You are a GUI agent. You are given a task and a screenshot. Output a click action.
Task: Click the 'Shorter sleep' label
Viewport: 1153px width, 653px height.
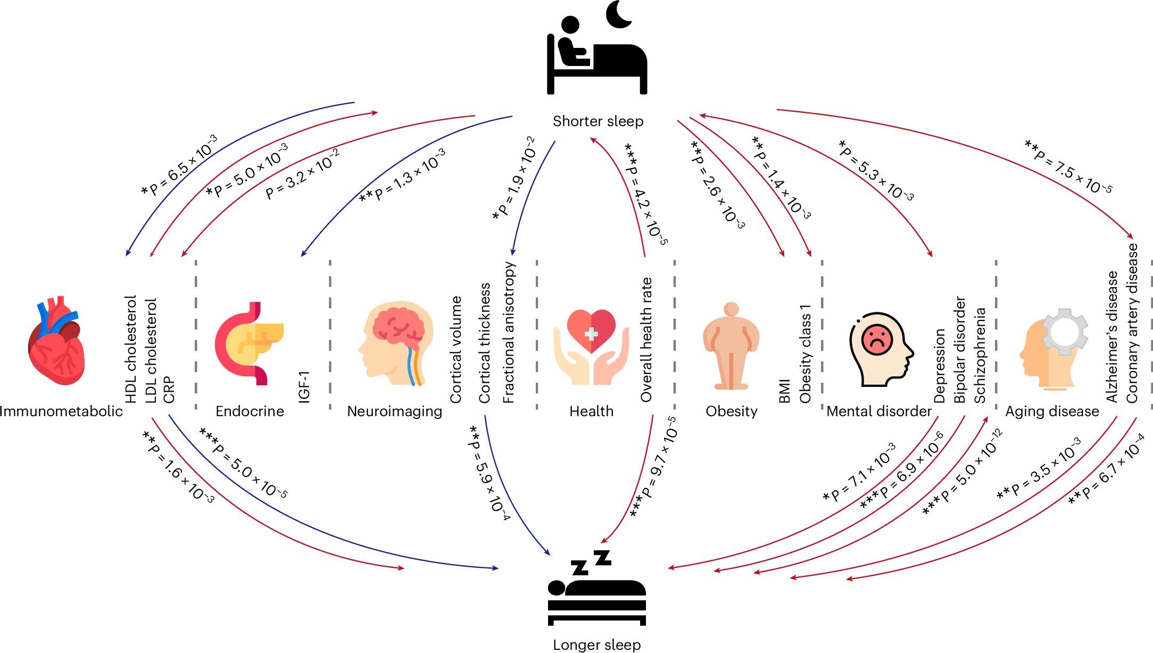click(598, 121)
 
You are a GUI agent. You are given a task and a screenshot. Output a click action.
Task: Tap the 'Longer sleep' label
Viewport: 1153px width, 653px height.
click(596, 644)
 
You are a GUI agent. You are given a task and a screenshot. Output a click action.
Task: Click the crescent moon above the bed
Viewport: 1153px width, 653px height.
click(618, 14)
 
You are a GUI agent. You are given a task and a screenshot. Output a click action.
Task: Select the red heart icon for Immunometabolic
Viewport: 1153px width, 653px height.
click(56, 341)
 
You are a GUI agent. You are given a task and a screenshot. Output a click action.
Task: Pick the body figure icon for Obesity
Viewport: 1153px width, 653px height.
click(731, 346)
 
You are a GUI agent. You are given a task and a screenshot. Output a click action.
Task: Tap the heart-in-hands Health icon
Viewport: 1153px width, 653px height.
click(591, 346)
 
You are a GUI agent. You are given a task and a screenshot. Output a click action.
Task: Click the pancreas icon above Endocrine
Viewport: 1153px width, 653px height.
click(249, 343)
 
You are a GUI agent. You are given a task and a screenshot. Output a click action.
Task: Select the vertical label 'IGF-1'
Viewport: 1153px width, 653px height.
click(304, 387)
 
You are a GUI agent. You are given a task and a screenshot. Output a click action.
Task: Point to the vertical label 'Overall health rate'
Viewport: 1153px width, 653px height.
click(646, 340)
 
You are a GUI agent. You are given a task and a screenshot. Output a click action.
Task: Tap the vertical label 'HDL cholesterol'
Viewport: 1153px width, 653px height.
click(131, 349)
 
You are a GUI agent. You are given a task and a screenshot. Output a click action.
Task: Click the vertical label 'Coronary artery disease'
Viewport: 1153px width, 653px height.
click(1132, 323)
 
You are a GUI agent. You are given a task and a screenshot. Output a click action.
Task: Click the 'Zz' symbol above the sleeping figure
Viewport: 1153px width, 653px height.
click(591, 563)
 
